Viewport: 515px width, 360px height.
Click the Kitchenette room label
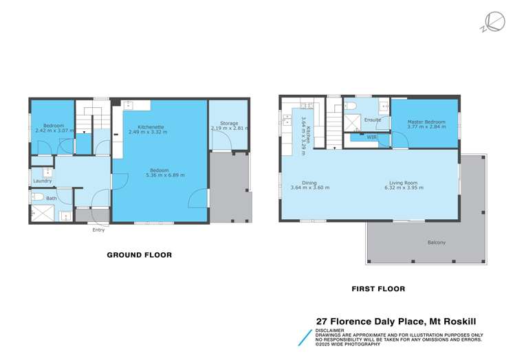pos(150,126)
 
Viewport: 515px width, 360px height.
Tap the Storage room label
pos(229,123)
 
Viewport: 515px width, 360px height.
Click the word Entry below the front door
pos(99,230)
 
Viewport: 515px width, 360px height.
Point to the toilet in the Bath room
pos(39,198)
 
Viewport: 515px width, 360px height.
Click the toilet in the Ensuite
pos(349,106)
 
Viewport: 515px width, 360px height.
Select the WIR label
pos(372,137)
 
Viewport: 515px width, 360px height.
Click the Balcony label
pos(436,243)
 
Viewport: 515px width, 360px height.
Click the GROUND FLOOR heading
pos(139,255)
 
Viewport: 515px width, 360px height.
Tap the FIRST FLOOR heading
pos(378,289)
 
